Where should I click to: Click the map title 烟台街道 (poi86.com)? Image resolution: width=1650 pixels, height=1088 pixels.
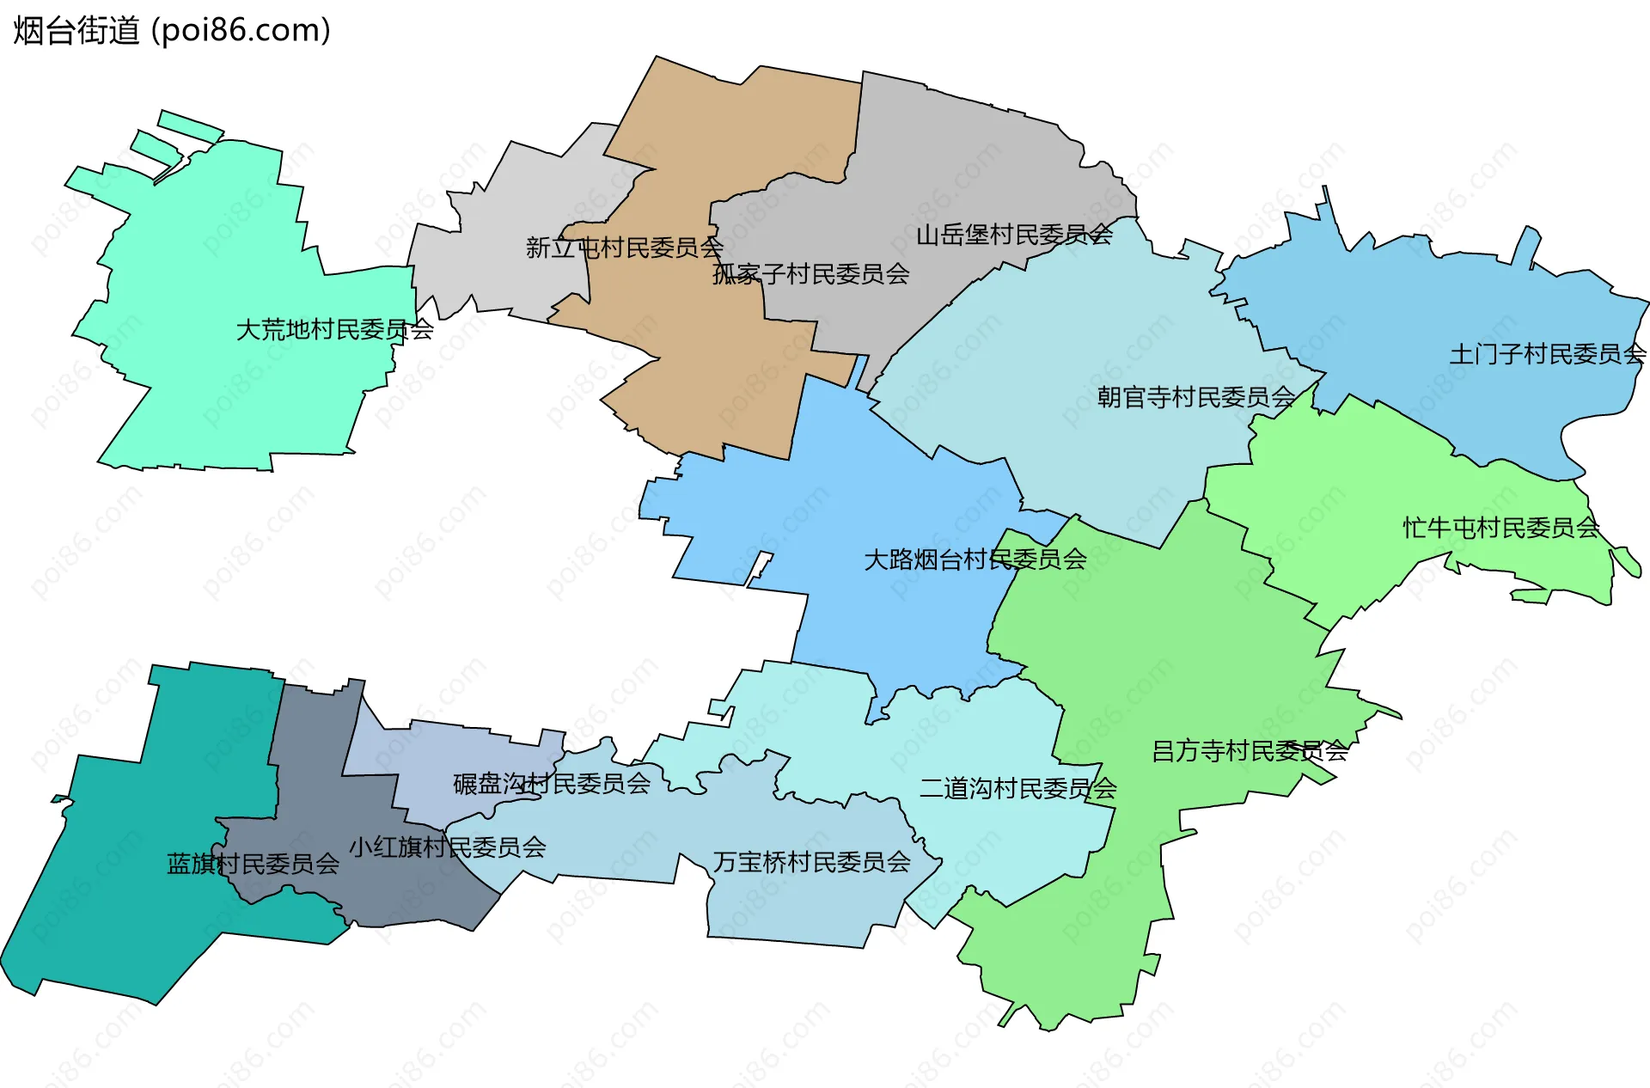coord(172,31)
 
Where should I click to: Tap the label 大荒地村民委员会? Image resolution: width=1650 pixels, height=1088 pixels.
coord(334,330)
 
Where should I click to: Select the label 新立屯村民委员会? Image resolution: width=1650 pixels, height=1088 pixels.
coord(624,248)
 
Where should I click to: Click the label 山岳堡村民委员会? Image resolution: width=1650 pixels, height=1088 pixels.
coord(1014,235)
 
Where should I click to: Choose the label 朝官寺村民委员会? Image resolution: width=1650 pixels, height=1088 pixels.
coord(1195,397)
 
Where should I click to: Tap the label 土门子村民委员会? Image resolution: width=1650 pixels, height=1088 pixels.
coord(1547,354)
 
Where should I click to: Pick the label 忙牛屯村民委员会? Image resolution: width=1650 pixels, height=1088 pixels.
coord(1500,528)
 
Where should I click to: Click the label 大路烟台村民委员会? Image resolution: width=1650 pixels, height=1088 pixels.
coord(975,559)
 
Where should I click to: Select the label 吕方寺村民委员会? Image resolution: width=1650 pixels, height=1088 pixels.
coord(1250,751)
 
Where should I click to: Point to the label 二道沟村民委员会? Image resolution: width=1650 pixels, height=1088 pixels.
coord(1017,788)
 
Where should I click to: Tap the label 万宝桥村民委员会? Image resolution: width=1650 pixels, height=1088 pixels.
coord(811,862)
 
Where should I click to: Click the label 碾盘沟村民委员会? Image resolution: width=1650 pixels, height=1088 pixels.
coord(551,784)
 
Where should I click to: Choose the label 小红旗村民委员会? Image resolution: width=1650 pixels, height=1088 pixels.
coord(447,847)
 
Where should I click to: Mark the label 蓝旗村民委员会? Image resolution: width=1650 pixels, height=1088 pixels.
coord(253,864)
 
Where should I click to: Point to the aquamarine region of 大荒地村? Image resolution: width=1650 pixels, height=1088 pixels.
coord(215,258)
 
